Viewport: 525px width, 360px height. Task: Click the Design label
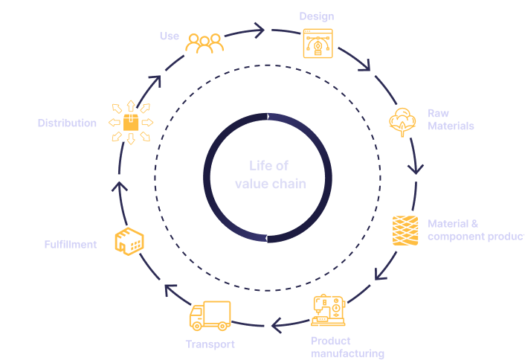(316, 16)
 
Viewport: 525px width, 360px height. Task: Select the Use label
(169, 36)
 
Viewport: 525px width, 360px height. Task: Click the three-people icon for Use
(204, 43)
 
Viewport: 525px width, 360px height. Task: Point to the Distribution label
(67, 123)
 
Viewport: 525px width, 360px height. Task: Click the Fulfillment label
(70, 244)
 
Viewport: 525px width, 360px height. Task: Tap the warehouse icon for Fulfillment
(129, 240)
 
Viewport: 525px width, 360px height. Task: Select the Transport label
(210, 344)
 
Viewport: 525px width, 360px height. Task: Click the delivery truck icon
(210, 315)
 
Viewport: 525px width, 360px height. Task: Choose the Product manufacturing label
(347, 347)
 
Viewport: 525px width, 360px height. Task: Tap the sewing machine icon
(329, 309)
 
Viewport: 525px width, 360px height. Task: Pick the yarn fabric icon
(405, 230)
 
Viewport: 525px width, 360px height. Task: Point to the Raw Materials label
(451, 120)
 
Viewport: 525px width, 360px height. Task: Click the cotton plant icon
(402, 121)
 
